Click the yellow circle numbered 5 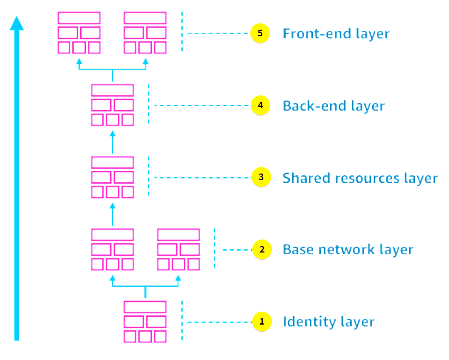(260, 33)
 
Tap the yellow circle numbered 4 (260, 106)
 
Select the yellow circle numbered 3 (261, 177)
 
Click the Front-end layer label (336, 33)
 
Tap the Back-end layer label (333, 106)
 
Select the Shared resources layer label (360, 178)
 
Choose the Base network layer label (348, 250)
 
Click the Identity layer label (328, 322)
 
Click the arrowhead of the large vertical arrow (17, 24)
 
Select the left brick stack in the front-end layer (79, 33)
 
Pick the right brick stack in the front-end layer (145, 33)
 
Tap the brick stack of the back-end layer (113, 105)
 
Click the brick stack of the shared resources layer (113, 177)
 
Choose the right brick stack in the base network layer (178, 249)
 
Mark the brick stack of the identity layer (145, 321)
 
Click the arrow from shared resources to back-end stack (113, 142)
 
